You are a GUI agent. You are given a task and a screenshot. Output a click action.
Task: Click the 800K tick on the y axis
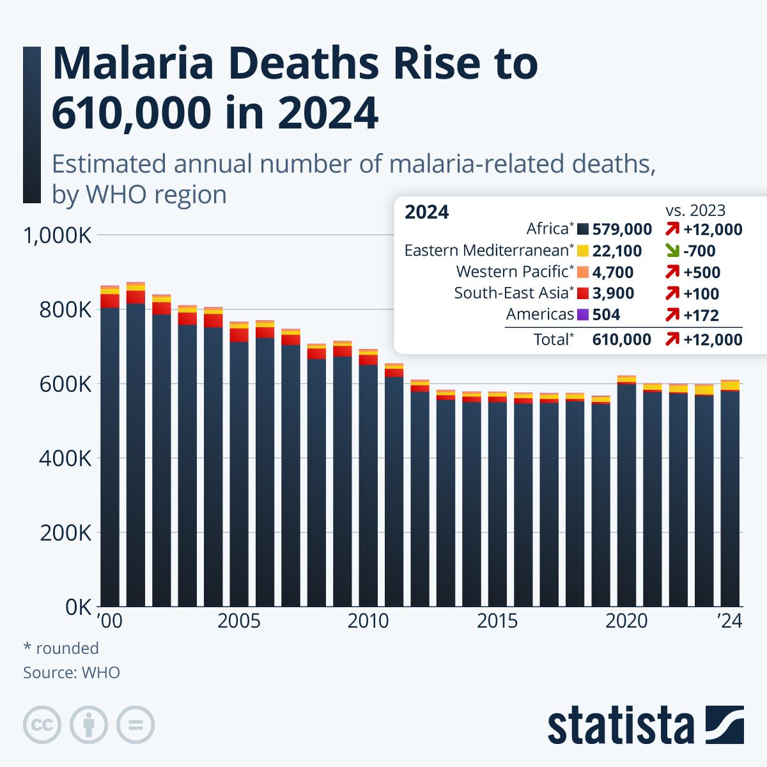tap(65, 310)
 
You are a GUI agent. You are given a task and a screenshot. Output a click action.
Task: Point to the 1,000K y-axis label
tap(58, 236)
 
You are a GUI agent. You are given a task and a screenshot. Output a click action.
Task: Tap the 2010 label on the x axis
tap(368, 621)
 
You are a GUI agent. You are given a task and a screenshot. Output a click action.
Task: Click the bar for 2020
tap(626, 491)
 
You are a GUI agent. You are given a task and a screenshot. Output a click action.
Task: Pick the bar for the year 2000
tap(109, 445)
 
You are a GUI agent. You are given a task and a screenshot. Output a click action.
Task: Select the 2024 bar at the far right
tap(730, 493)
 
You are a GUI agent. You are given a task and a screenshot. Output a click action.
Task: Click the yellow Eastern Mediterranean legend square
tap(583, 251)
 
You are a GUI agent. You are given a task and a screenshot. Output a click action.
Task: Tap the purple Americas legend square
tap(583, 315)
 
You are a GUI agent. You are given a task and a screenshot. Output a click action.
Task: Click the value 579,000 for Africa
tap(622, 229)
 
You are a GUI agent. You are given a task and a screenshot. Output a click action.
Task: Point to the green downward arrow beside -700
tap(672, 251)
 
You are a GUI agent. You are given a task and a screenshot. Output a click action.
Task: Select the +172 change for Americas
tap(701, 315)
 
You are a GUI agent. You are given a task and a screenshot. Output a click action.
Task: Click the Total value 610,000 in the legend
tap(622, 339)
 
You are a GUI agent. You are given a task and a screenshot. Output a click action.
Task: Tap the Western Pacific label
tap(512, 272)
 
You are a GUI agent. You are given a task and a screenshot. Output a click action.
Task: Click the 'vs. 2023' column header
tap(695, 210)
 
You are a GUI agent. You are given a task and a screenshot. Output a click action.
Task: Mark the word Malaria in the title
tap(133, 64)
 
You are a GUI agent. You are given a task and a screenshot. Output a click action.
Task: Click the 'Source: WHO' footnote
tap(72, 672)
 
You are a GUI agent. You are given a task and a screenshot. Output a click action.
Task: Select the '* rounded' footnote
tap(61, 648)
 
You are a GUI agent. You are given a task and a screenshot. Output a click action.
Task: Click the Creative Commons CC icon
tap(42, 725)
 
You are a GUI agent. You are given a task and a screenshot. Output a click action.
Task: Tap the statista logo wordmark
tap(621, 725)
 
